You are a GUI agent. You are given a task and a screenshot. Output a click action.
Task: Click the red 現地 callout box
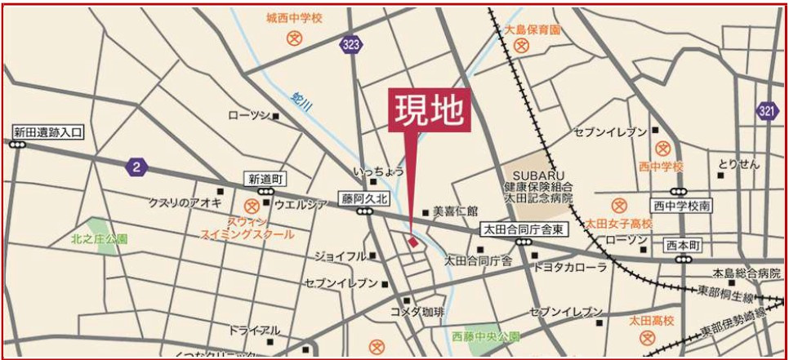point(429,109)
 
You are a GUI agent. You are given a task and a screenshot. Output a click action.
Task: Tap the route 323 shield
point(350,45)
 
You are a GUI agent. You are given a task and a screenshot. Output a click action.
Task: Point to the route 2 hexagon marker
point(136,167)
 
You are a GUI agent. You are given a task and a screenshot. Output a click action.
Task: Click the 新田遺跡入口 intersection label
point(48,131)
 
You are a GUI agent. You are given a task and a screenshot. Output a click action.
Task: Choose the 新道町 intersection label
point(265,179)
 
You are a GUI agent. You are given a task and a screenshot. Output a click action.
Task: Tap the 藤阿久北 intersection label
point(365,198)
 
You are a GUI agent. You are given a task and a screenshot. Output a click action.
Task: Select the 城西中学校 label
point(294,17)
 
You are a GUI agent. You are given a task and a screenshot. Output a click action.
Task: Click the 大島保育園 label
point(533,30)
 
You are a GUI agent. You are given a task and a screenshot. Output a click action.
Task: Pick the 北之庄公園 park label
point(99,239)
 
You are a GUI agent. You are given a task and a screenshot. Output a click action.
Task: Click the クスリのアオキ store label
point(185,202)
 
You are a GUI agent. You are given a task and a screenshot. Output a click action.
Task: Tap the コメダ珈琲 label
point(417,312)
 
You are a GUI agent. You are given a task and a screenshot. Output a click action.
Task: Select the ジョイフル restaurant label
point(341,256)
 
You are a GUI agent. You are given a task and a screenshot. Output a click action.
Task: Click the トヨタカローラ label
point(570,267)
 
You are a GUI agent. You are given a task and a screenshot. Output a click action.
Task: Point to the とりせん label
point(738,163)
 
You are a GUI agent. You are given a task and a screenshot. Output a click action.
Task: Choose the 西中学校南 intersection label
point(681,206)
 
